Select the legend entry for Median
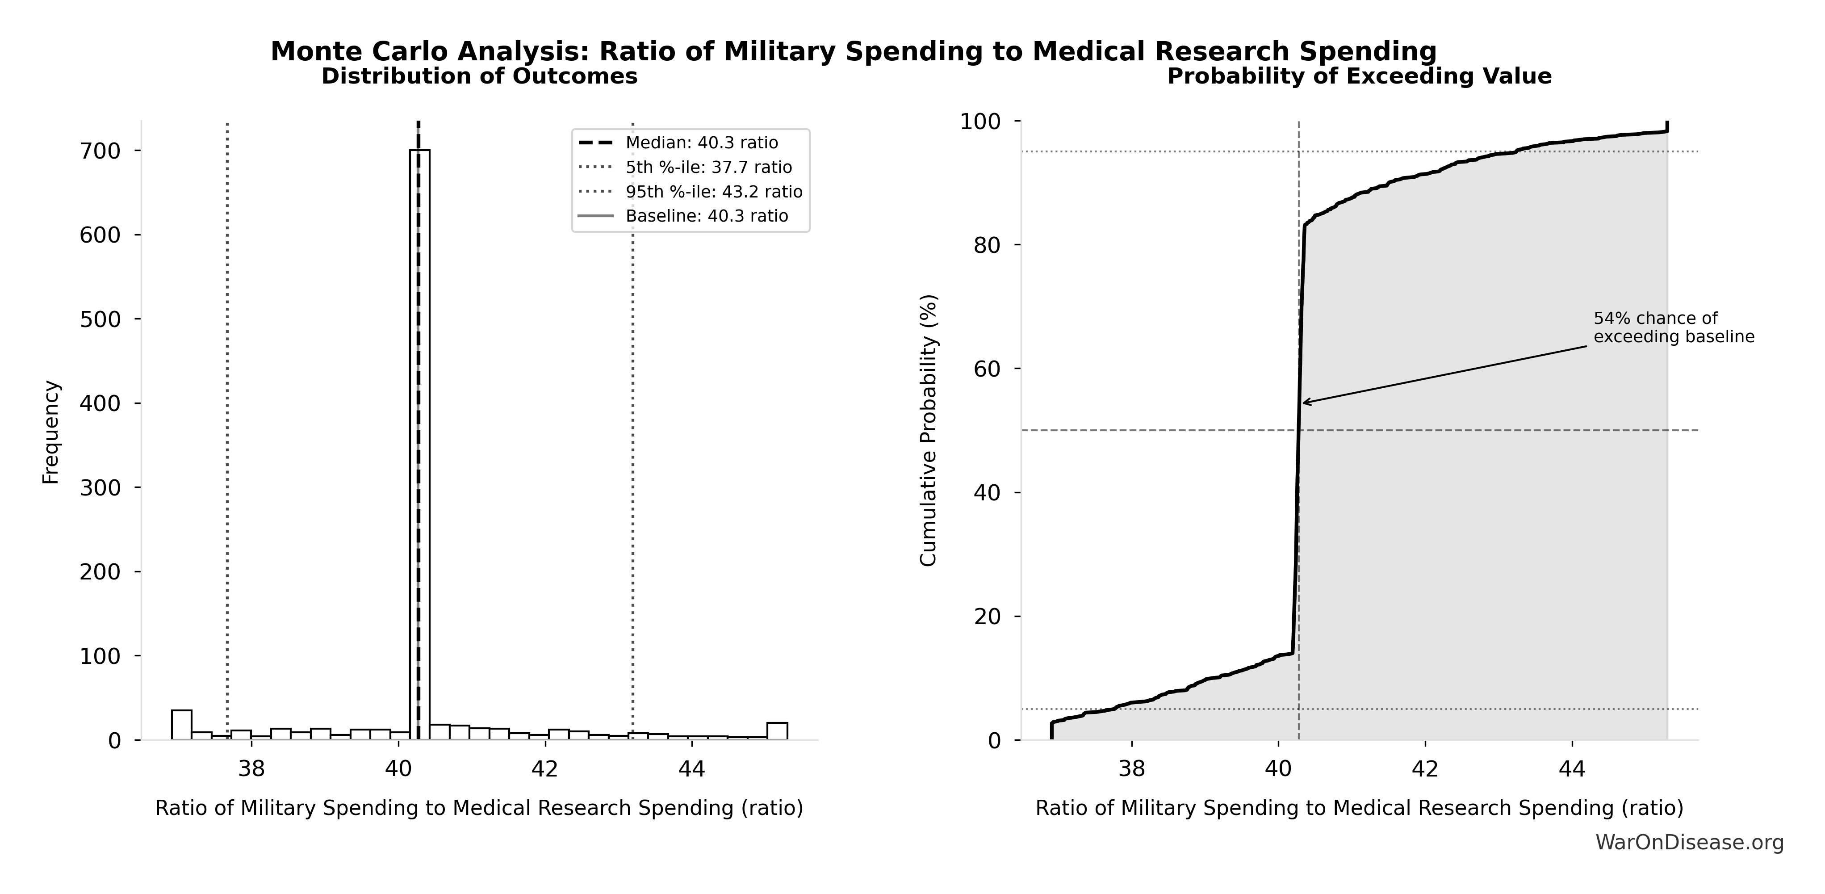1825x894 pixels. [701, 143]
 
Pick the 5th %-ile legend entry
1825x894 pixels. [708, 167]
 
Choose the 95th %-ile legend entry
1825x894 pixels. [713, 192]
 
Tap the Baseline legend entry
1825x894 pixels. [706, 216]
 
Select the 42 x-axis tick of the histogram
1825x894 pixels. [545, 769]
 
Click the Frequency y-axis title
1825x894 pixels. [51, 432]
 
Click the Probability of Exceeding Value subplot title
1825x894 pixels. [1359, 76]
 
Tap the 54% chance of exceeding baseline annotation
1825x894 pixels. [1674, 328]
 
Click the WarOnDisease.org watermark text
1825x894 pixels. [1689, 843]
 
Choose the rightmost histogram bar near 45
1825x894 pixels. [777, 731]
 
